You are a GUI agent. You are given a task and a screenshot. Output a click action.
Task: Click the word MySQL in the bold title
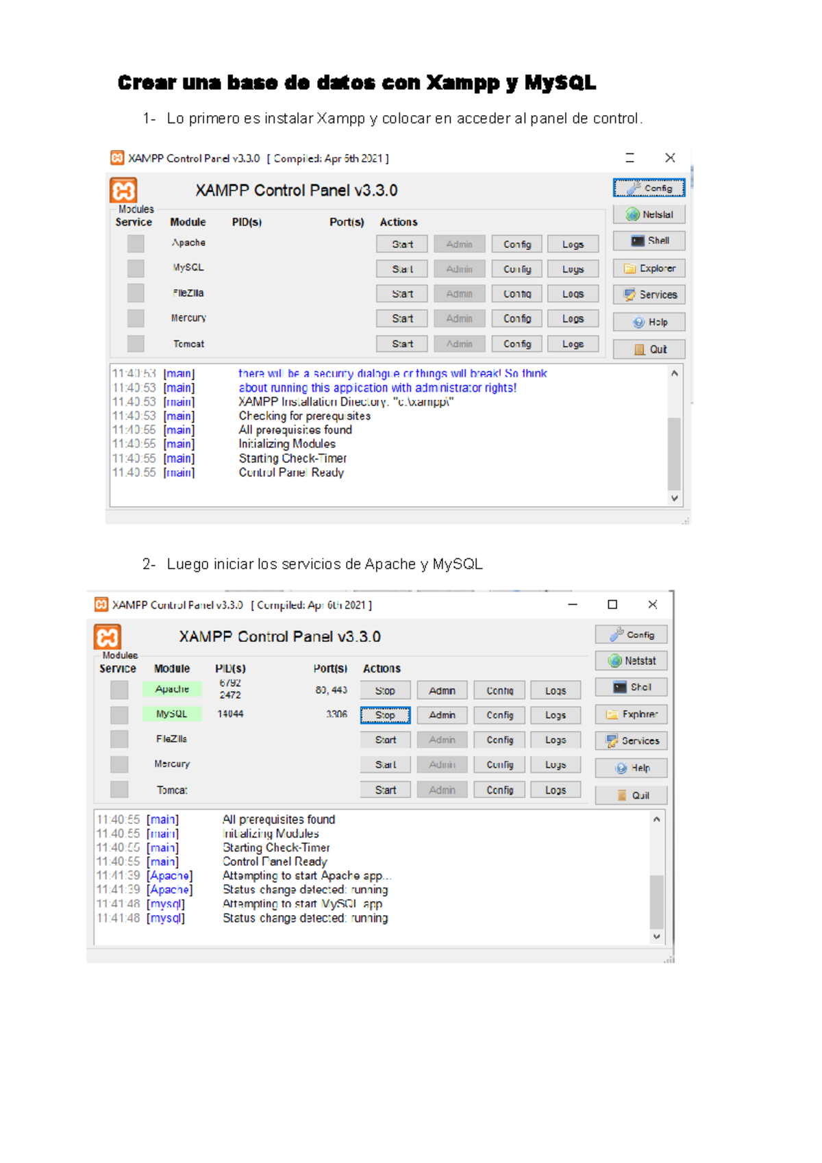[x=560, y=83]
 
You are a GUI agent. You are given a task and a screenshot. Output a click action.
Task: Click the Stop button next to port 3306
[x=385, y=715]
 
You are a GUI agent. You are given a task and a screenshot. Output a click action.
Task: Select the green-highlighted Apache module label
[x=172, y=689]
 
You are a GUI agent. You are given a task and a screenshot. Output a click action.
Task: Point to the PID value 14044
[x=230, y=714]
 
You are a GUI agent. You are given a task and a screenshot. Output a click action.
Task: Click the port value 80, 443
[x=331, y=690]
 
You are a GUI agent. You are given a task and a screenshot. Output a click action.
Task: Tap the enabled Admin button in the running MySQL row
[x=442, y=715]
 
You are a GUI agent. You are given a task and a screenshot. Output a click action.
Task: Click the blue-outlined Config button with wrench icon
[x=649, y=188]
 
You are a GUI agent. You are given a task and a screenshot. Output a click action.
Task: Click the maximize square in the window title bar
[x=612, y=604]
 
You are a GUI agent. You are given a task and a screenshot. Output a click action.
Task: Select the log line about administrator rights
[x=377, y=388]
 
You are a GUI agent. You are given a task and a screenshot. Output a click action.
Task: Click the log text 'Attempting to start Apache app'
[x=306, y=875]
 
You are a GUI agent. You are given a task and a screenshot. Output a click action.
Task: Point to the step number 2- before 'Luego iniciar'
[x=149, y=564]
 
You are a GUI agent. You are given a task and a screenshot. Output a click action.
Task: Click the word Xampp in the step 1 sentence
[x=340, y=118]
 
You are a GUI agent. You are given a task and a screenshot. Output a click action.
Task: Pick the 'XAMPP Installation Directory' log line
[x=346, y=401]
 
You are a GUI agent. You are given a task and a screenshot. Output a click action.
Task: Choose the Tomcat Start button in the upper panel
[x=402, y=344]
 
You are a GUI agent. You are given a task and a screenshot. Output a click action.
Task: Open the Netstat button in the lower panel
[x=631, y=661]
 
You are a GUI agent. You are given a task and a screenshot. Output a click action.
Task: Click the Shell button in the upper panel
[x=649, y=240]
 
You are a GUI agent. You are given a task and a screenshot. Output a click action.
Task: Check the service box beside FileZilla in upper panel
[x=136, y=293]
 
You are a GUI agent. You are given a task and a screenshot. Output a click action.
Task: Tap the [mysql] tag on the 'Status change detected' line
[x=166, y=918]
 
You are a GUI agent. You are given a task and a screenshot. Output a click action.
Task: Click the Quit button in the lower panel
[x=631, y=795]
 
